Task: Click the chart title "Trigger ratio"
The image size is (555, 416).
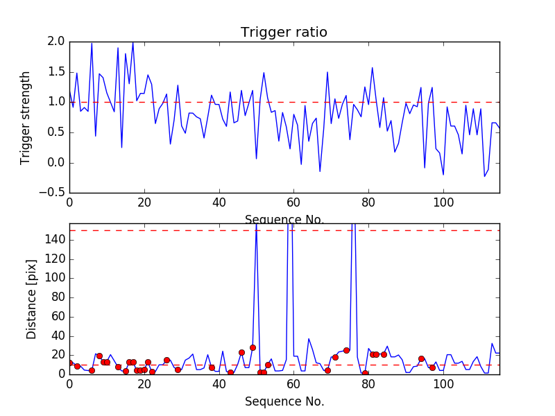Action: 284,33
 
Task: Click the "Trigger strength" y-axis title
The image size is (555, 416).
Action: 26,117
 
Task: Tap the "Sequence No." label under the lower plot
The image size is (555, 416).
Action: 284,401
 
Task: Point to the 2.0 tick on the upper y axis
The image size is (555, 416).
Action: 58,42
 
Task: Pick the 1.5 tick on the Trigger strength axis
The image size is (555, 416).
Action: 58,72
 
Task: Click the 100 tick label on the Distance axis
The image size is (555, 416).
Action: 55,278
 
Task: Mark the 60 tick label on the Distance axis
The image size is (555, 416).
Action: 58,316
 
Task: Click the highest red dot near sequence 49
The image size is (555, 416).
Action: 253,347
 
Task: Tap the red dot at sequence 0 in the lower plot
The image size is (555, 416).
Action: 69,363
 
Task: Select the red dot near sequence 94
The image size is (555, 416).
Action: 421,358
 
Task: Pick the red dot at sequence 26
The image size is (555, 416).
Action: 166,360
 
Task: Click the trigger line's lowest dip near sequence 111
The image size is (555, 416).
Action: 484,177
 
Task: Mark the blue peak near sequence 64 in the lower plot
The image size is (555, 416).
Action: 309,339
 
